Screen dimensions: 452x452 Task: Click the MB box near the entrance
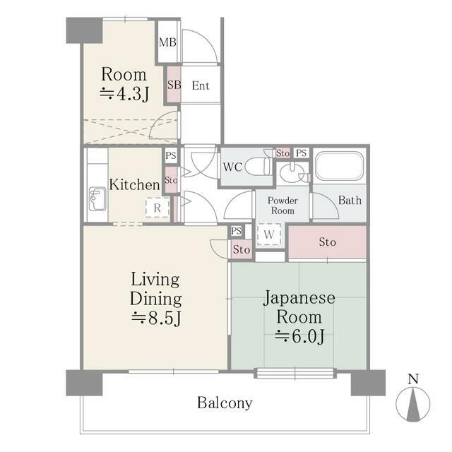167,42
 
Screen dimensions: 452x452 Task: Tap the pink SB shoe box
174,85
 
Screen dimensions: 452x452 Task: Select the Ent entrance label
200,86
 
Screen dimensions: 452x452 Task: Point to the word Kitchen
134,185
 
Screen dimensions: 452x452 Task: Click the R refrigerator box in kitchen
158,208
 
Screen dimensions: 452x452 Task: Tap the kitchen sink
97,201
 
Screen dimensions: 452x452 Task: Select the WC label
234,168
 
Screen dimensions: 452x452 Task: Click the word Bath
349,201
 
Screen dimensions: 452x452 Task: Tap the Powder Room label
281,206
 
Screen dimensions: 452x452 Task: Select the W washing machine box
269,234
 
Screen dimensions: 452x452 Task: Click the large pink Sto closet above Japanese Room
327,242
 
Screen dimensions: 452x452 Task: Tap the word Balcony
225,403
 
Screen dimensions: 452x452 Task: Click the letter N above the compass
413,379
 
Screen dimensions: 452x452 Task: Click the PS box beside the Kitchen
171,156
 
